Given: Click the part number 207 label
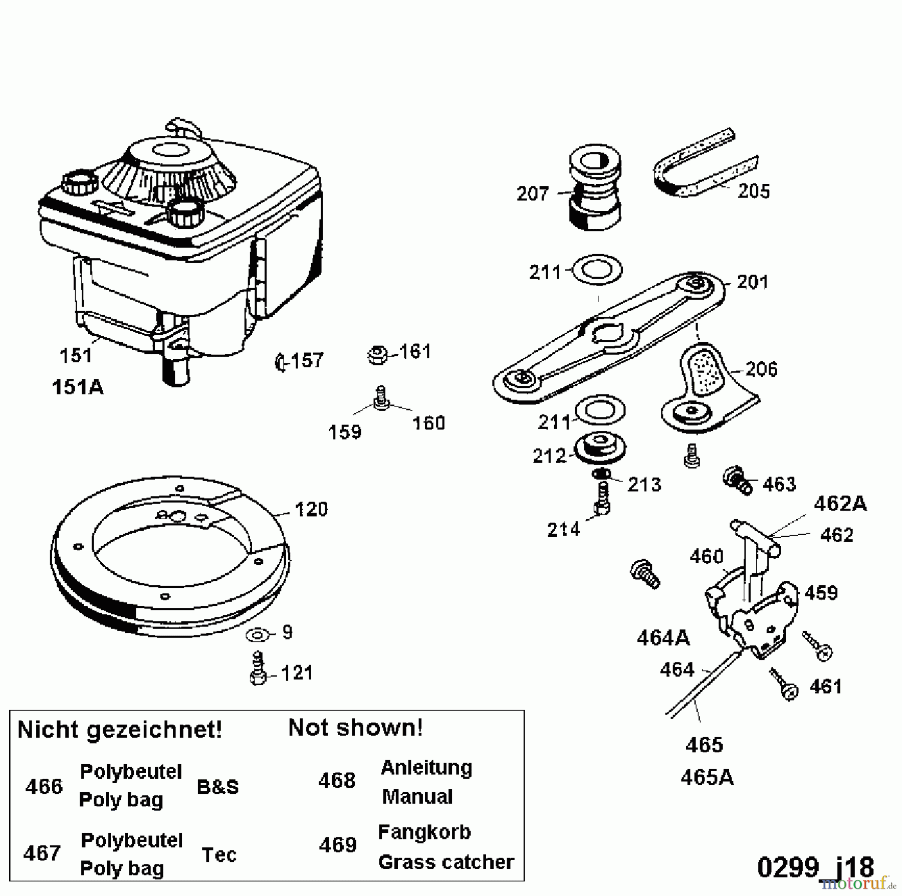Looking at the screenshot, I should pyautogui.click(x=532, y=193).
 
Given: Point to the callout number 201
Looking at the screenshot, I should pyautogui.click(x=753, y=283).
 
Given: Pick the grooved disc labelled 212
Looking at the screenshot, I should pyautogui.click(x=599, y=449).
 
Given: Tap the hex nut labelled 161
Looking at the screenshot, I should pyautogui.click(x=377, y=355).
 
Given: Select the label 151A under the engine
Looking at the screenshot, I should pyautogui.click(x=78, y=387).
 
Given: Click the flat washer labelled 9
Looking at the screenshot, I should pyautogui.click(x=258, y=635).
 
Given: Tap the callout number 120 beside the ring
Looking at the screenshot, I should pyautogui.click(x=311, y=510).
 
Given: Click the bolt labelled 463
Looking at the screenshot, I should pyautogui.click(x=737, y=481).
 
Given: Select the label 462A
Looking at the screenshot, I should pyautogui.click(x=840, y=503).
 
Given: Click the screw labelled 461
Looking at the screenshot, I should pyautogui.click(x=783, y=684).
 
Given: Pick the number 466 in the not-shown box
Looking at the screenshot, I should pyautogui.click(x=44, y=787).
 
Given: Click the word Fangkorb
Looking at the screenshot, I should pyautogui.click(x=424, y=832).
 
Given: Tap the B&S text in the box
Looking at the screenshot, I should pyautogui.click(x=218, y=787).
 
